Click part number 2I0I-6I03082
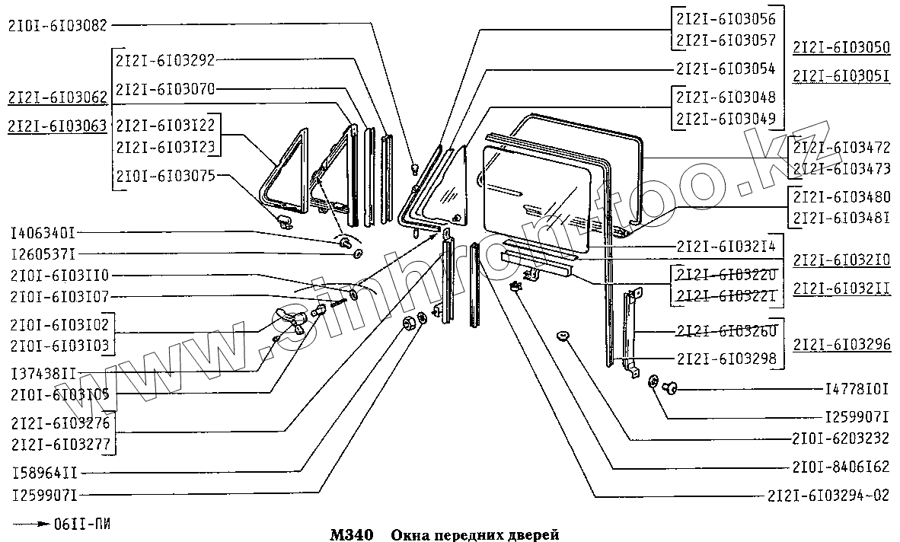coord(57,25)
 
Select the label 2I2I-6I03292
coord(165,60)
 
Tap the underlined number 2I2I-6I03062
coord(57,98)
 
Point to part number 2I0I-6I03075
coord(165,175)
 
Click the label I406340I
coord(43,232)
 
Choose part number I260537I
coord(43,253)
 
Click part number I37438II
coord(43,374)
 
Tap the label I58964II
coord(43,472)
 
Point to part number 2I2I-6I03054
coord(725,69)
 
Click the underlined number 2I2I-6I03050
coord(841,47)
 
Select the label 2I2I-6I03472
coord(841,146)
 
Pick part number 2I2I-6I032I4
coord(725,247)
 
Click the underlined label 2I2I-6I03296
coord(841,344)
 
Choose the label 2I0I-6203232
coord(840,439)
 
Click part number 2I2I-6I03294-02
coord(828,495)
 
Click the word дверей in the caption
coord(533,534)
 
